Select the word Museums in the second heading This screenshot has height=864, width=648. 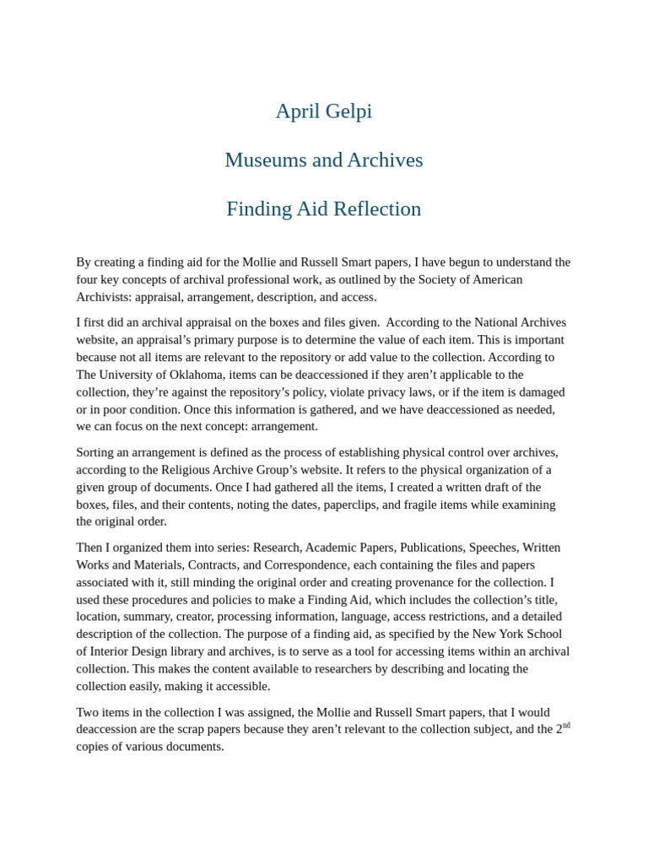tap(262, 160)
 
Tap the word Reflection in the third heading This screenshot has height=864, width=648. tap(376, 209)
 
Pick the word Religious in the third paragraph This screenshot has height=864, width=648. tap(245, 470)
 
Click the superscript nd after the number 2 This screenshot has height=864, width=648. tap(566, 726)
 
